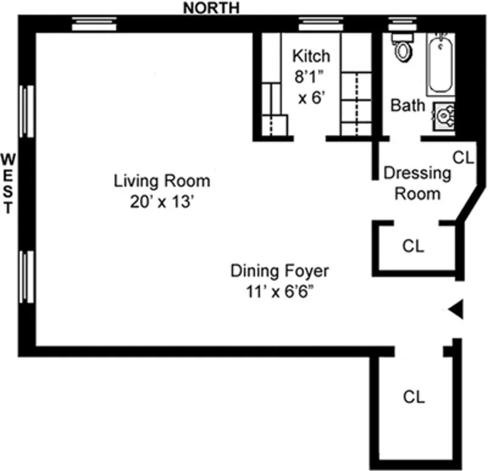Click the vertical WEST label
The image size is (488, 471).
(8, 183)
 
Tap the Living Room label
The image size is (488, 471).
(162, 181)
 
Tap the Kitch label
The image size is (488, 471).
(311, 57)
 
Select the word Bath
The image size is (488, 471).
(408, 106)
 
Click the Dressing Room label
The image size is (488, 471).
(417, 183)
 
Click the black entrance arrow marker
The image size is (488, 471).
(456, 311)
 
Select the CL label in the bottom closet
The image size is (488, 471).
(414, 397)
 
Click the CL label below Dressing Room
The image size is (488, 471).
(413, 246)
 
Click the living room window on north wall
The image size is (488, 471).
(94, 24)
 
